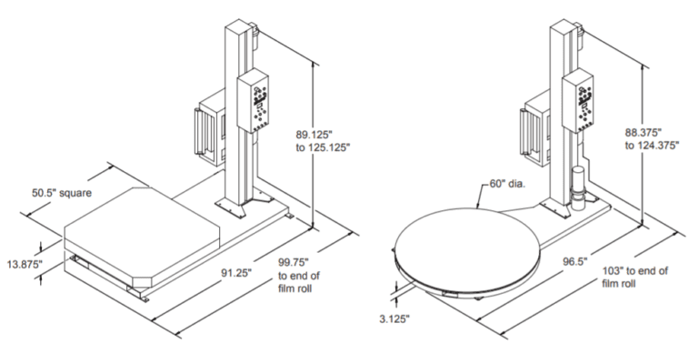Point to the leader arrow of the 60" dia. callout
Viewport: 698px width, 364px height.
tap(479, 195)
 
